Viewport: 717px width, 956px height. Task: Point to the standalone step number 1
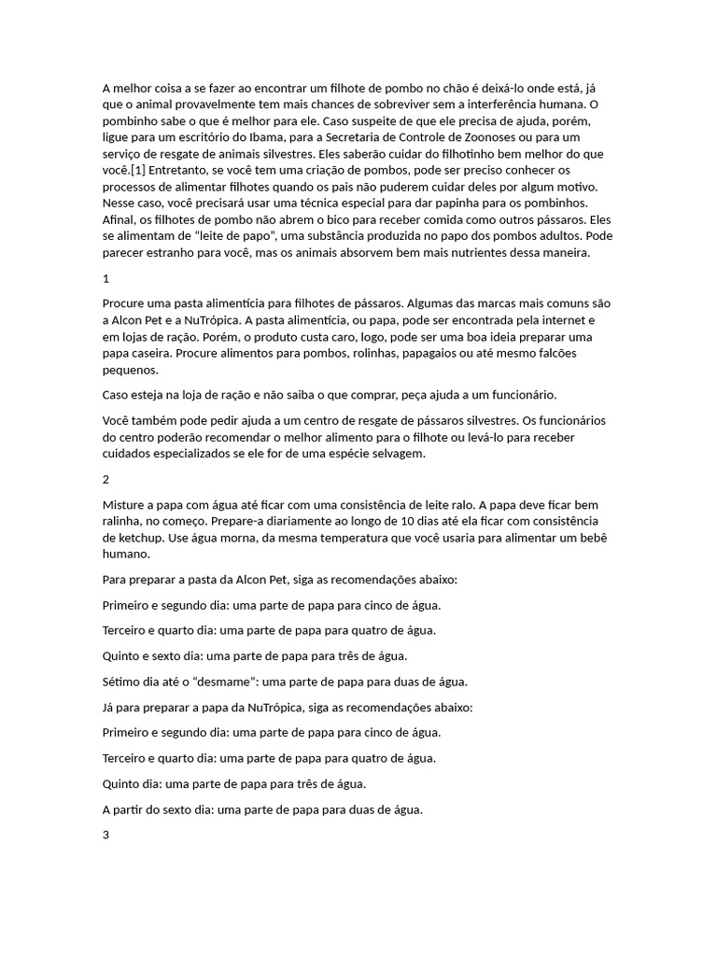105,278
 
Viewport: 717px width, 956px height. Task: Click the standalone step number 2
105,479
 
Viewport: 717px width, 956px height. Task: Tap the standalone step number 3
105,835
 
